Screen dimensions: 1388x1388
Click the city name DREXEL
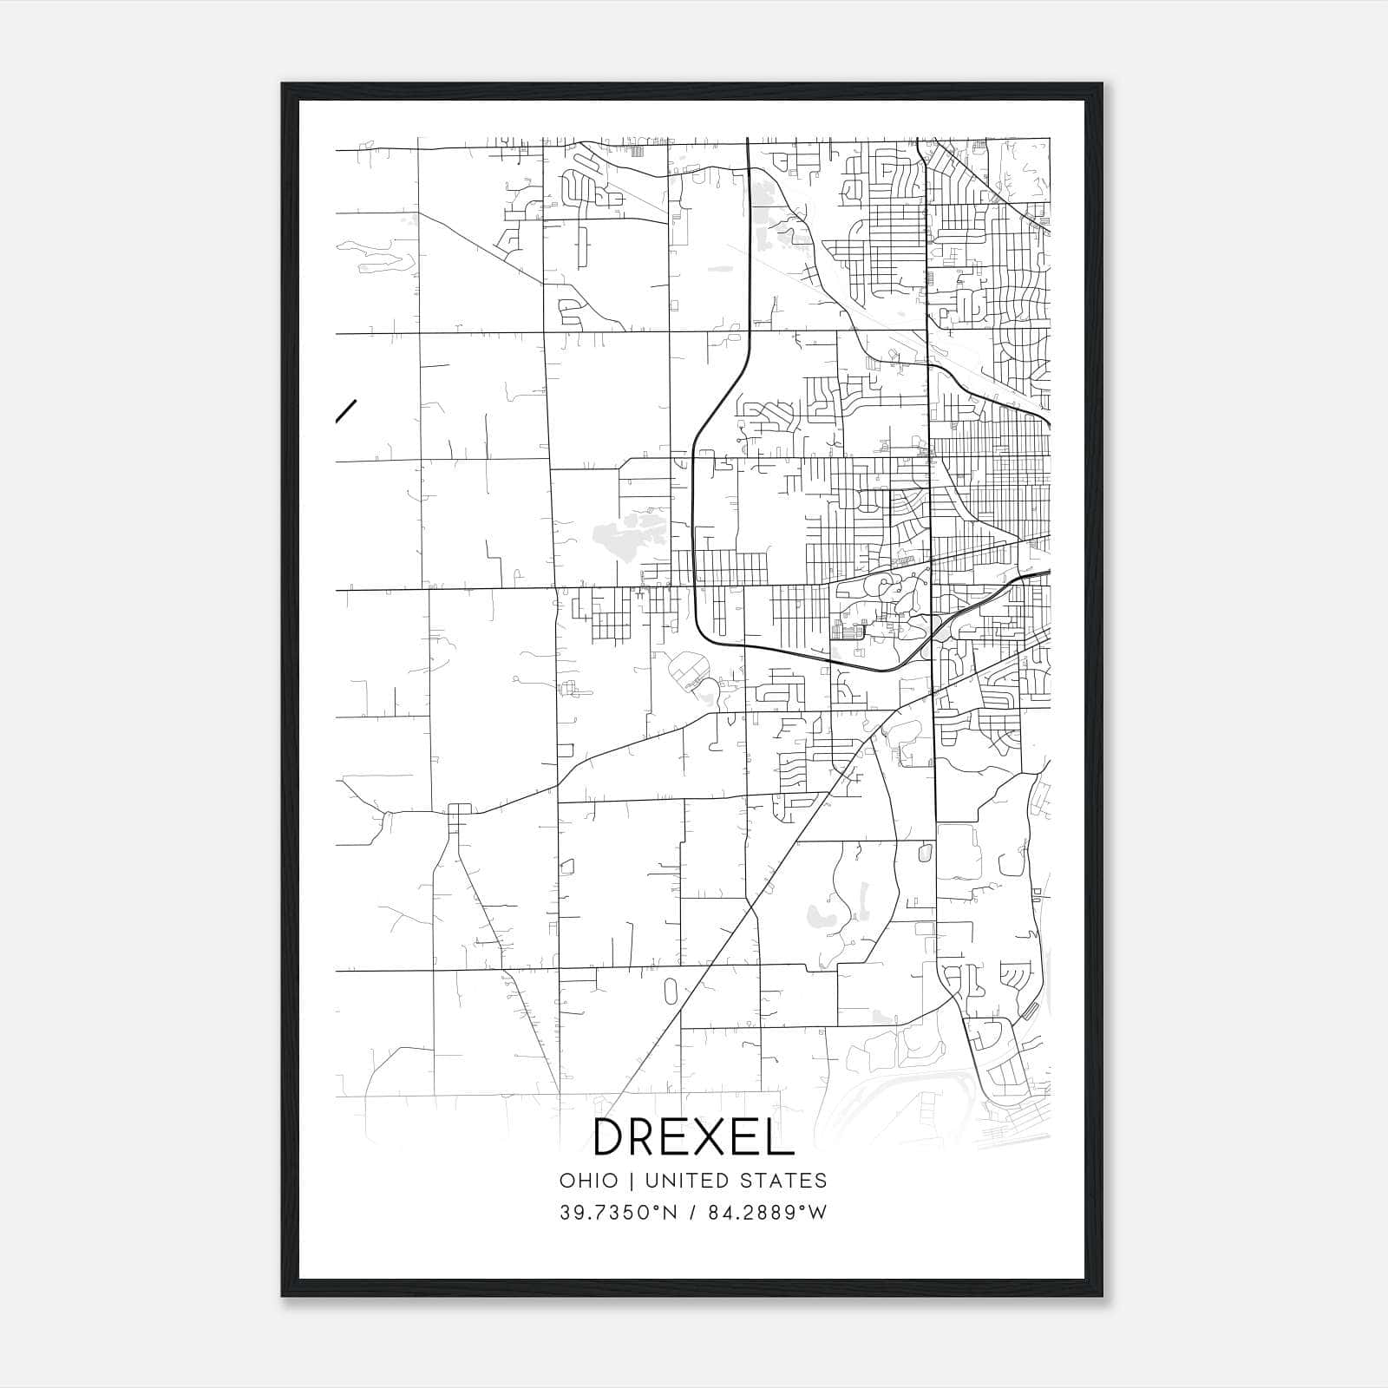click(x=693, y=1137)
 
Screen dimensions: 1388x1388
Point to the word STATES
click(x=789, y=1181)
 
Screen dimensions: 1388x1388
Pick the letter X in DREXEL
click(x=701, y=1137)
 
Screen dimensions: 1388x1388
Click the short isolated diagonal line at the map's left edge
click(x=346, y=410)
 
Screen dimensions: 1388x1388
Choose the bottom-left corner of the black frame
click(x=284, y=1295)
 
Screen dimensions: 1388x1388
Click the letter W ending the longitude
click(x=817, y=1213)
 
